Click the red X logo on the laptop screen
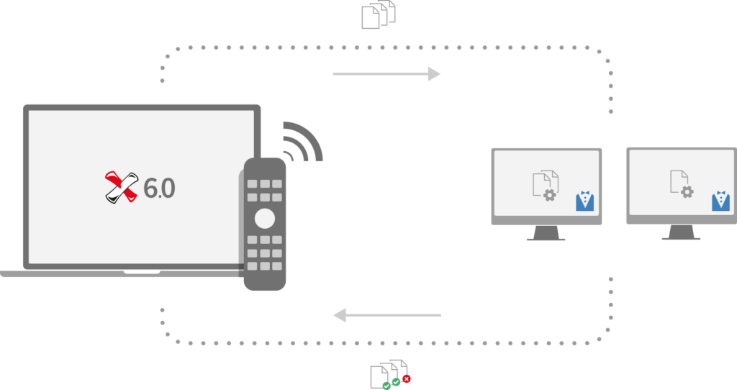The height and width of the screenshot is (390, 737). [121, 187]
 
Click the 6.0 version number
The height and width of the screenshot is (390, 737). [159, 189]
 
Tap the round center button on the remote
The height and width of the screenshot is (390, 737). [265, 219]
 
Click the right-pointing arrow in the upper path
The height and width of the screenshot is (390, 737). [386, 74]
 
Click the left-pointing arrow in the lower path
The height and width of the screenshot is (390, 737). [387, 315]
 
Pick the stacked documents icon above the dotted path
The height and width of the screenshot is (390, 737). [379, 14]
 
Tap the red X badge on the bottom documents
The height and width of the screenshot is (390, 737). [407, 378]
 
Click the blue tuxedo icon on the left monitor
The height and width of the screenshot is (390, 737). [584, 201]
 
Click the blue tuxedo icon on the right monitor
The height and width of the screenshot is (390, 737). [720, 201]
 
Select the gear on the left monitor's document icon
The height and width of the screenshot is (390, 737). [549, 195]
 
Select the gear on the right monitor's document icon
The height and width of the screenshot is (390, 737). [687, 191]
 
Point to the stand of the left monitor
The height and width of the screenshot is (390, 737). [546, 233]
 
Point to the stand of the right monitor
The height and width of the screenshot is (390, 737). [681, 232]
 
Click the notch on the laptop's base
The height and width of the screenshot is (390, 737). [142, 272]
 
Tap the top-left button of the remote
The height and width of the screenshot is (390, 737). [253, 183]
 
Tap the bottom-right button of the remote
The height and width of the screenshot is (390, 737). [277, 266]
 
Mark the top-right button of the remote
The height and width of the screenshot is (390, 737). [277, 183]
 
